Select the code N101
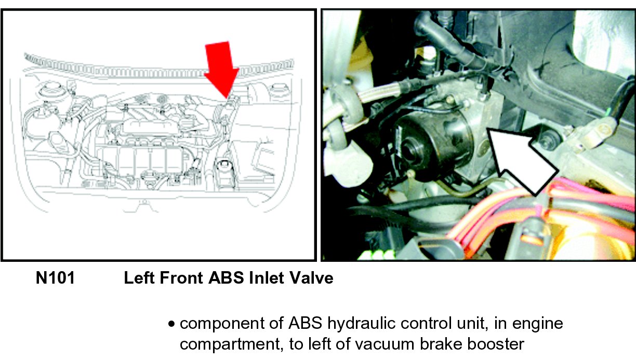point(56,278)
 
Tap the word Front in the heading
point(181,278)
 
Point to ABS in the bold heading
point(226,278)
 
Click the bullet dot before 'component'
point(171,324)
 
